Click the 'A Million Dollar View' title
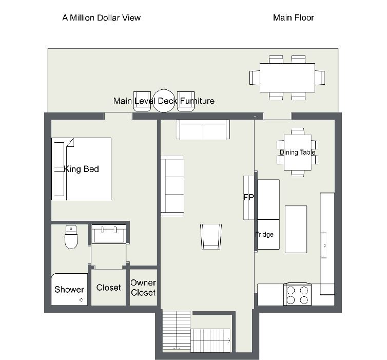(x=102, y=18)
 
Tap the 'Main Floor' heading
(x=294, y=18)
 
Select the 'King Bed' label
(x=82, y=169)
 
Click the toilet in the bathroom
(x=71, y=237)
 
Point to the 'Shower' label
(x=69, y=289)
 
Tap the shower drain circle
(x=81, y=300)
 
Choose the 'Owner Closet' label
(x=143, y=288)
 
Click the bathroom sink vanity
(x=109, y=234)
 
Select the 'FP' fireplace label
(x=248, y=197)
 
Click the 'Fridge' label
(x=264, y=234)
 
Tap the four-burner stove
(x=297, y=294)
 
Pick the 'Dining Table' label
(x=297, y=153)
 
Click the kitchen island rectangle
(x=296, y=229)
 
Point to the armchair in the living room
(x=211, y=237)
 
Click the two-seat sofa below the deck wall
(x=203, y=130)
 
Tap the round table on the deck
(x=164, y=101)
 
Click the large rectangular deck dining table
(x=287, y=78)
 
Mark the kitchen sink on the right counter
(x=323, y=245)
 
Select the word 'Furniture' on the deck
(x=197, y=101)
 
